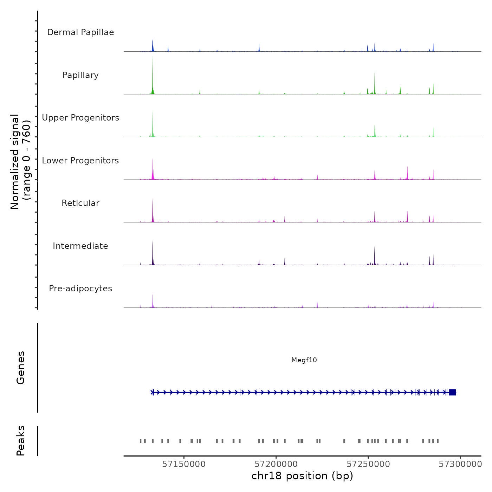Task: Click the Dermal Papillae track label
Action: [x=80, y=32]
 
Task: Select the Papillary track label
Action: [x=80, y=75]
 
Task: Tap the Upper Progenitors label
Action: [x=80, y=118]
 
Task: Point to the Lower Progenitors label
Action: [x=80, y=161]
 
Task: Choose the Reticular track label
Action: [x=80, y=203]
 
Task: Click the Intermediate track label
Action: [x=80, y=246]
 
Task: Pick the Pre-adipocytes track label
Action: [x=80, y=289]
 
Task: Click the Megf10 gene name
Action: [x=304, y=360]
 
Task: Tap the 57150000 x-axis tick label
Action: [x=184, y=464]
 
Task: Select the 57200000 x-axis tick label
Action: [x=276, y=464]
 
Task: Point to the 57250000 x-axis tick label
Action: [x=368, y=464]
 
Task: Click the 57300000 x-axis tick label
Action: [x=460, y=464]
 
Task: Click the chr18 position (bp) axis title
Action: [x=302, y=476]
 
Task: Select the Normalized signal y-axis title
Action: [x=20, y=162]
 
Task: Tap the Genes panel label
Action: [x=21, y=368]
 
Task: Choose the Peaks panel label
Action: [x=21, y=441]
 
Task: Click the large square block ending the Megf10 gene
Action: [x=452, y=392]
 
